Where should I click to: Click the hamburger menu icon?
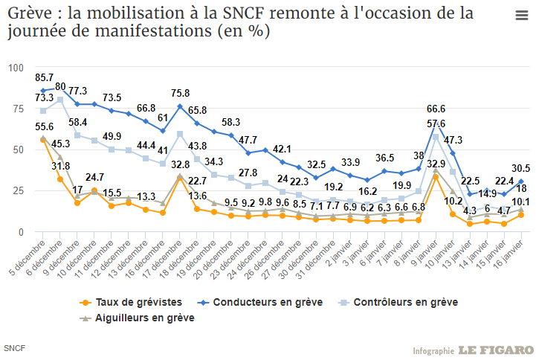(x=522, y=16)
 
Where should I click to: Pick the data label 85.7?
(x=44, y=77)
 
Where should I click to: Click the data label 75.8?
(x=180, y=94)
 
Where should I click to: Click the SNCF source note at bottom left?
(x=13, y=348)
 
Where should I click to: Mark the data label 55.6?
(x=44, y=127)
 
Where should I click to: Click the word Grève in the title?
(x=28, y=13)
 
